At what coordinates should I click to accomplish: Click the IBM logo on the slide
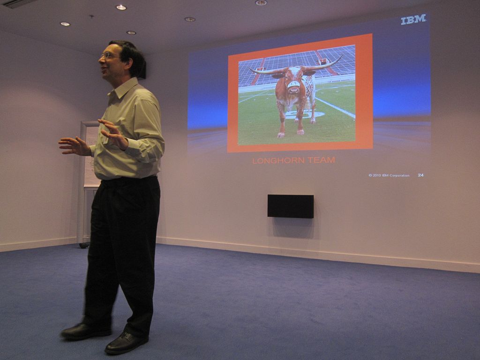413,19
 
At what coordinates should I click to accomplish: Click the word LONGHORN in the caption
278,160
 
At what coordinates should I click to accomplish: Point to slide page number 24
421,175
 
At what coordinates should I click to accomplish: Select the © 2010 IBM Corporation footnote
389,175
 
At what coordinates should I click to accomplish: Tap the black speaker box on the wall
291,206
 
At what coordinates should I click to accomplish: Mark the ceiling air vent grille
19,4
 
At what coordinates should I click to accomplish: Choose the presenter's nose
100,60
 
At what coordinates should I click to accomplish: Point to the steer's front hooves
290,134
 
